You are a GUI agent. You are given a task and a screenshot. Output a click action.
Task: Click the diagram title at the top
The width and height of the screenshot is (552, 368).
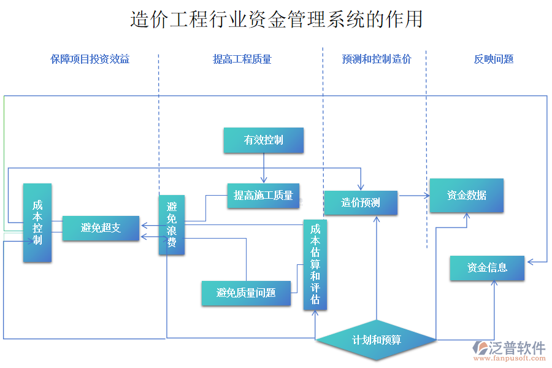276,19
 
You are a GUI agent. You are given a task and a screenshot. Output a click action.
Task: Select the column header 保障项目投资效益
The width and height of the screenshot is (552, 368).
90,59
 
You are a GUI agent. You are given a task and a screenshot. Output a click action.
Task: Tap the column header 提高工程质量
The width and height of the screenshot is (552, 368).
242,59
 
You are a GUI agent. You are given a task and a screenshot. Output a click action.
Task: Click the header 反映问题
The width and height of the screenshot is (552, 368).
493,59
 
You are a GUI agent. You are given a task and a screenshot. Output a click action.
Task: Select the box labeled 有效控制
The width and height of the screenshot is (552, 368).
264,140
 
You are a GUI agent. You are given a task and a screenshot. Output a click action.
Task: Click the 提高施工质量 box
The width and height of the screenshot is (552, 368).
263,196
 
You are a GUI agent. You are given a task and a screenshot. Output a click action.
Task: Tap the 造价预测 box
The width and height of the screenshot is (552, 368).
361,202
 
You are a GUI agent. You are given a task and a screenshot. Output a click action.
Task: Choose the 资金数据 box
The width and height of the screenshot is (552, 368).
466,196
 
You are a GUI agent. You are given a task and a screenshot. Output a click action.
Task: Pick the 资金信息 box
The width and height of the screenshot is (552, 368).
487,268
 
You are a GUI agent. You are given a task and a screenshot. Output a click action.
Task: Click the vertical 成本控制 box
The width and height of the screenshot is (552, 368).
37,223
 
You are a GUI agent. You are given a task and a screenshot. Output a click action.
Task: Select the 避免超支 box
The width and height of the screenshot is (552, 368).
101,228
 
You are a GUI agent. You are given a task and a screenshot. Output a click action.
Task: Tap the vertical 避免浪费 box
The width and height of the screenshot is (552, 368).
172,225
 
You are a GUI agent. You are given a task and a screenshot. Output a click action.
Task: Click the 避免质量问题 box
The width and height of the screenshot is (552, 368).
246,293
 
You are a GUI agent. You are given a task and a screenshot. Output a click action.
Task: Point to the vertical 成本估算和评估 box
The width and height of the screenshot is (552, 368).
315,264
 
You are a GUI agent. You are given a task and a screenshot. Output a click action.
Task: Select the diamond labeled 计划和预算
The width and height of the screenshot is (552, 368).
377,340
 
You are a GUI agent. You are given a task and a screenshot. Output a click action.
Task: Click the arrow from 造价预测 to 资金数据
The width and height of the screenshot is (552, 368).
413,196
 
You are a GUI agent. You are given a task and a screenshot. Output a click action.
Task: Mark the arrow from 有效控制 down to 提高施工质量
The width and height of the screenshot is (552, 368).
264,168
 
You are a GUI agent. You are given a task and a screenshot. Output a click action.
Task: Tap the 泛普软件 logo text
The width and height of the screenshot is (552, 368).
516,348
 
